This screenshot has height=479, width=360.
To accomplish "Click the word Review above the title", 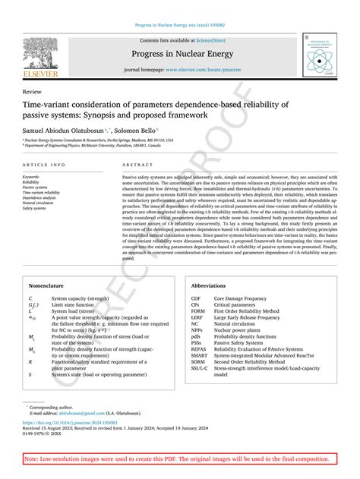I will click(33, 90).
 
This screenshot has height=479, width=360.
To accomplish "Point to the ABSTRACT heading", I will click(137, 164).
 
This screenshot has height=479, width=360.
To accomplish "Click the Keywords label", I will click(32, 176).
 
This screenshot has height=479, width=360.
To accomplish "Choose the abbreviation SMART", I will click(200, 355).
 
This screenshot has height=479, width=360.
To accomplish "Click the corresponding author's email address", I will click(82, 412).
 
